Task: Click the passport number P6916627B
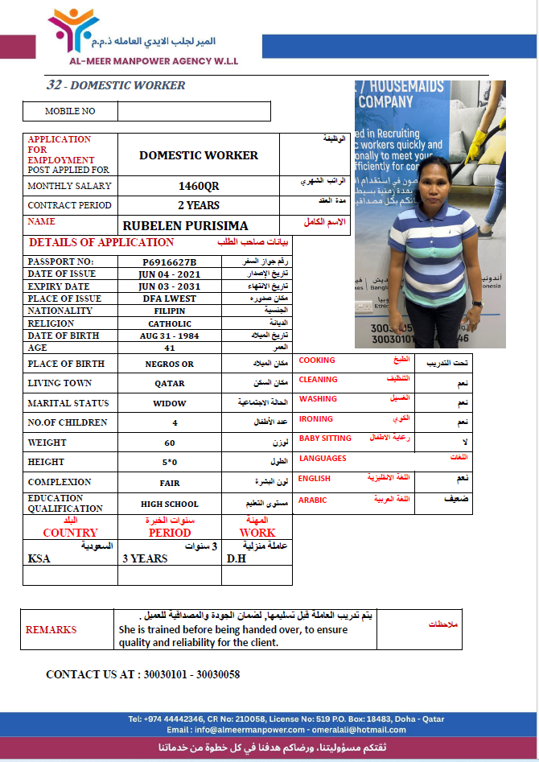(170, 262)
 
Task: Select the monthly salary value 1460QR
(198, 186)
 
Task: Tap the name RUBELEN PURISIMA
(185, 226)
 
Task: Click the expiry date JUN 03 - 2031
(170, 286)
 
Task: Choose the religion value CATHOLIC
(170, 323)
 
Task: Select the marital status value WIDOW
(170, 403)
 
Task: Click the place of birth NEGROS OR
(170, 364)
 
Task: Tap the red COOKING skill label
(317, 360)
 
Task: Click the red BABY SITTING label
(325, 439)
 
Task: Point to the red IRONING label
(315, 419)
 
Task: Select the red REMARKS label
(51, 630)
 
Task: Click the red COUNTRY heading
(70, 533)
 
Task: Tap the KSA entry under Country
(39, 558)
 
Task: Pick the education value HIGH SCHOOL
(170, 505)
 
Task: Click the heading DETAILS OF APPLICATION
(101, 242)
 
